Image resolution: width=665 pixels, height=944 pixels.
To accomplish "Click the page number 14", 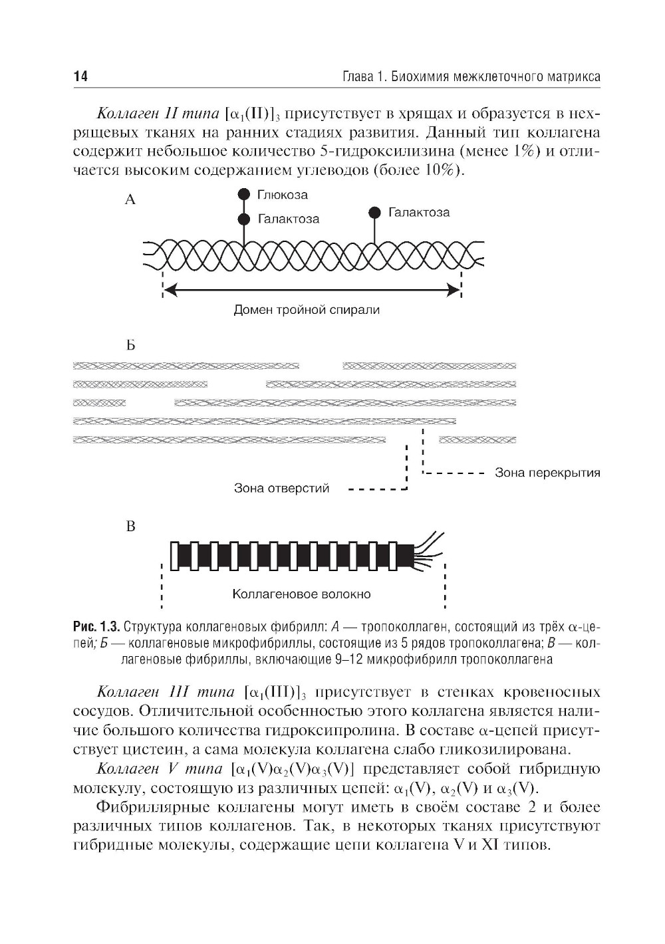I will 80,77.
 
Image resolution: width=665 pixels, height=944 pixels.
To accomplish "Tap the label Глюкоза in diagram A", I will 282,195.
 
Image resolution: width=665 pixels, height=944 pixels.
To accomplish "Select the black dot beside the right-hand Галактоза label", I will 374,213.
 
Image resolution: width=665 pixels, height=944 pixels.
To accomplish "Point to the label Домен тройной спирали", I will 307,310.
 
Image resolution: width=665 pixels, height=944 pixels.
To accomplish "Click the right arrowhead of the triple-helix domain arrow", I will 455,290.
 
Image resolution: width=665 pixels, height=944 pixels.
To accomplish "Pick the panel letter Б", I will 130,346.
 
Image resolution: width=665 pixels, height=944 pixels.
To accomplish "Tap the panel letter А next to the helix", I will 130,199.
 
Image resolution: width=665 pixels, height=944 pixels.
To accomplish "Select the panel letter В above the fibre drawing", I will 130,527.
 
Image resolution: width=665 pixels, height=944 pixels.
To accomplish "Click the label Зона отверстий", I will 281,489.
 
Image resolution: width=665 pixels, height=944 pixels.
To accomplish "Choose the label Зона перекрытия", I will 547,473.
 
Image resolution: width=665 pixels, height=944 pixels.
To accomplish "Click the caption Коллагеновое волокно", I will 301,594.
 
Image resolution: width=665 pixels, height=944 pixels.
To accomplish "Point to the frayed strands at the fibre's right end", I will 429,549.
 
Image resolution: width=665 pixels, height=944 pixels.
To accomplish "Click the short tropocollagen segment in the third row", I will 99,403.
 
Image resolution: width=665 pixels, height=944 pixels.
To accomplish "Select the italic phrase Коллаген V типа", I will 160,769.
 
